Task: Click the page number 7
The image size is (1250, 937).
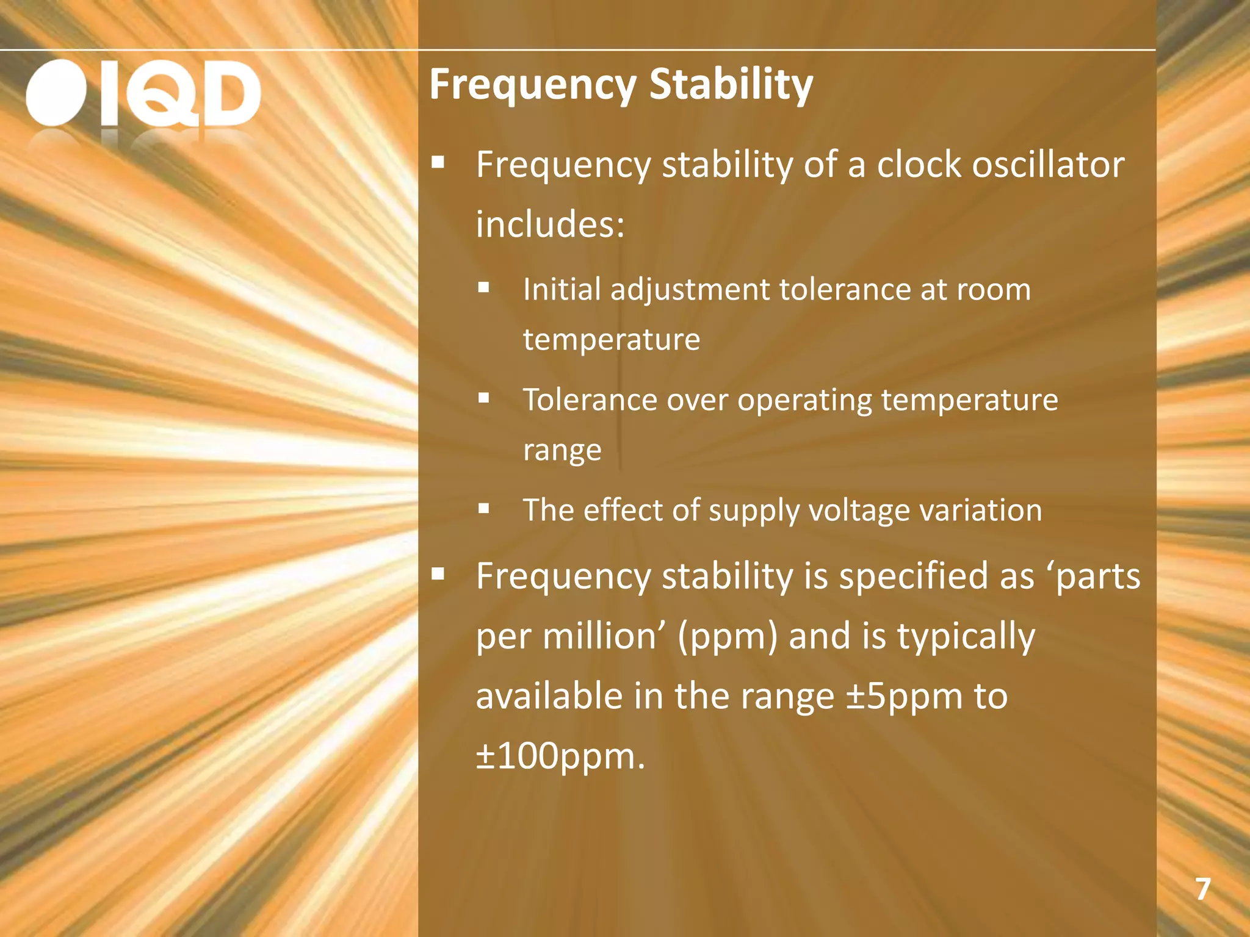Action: [x=1202, y=889]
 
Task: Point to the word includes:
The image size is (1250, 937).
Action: [x=550, y=224]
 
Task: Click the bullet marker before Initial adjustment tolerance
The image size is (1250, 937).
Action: [x=484, y=287]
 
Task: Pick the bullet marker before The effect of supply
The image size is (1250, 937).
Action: [x=484, y=508]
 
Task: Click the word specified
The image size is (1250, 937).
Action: [x=914, y=576]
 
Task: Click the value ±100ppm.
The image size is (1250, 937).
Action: [x=559, y=756]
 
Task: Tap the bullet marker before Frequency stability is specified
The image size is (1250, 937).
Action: [x=438, y=573]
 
